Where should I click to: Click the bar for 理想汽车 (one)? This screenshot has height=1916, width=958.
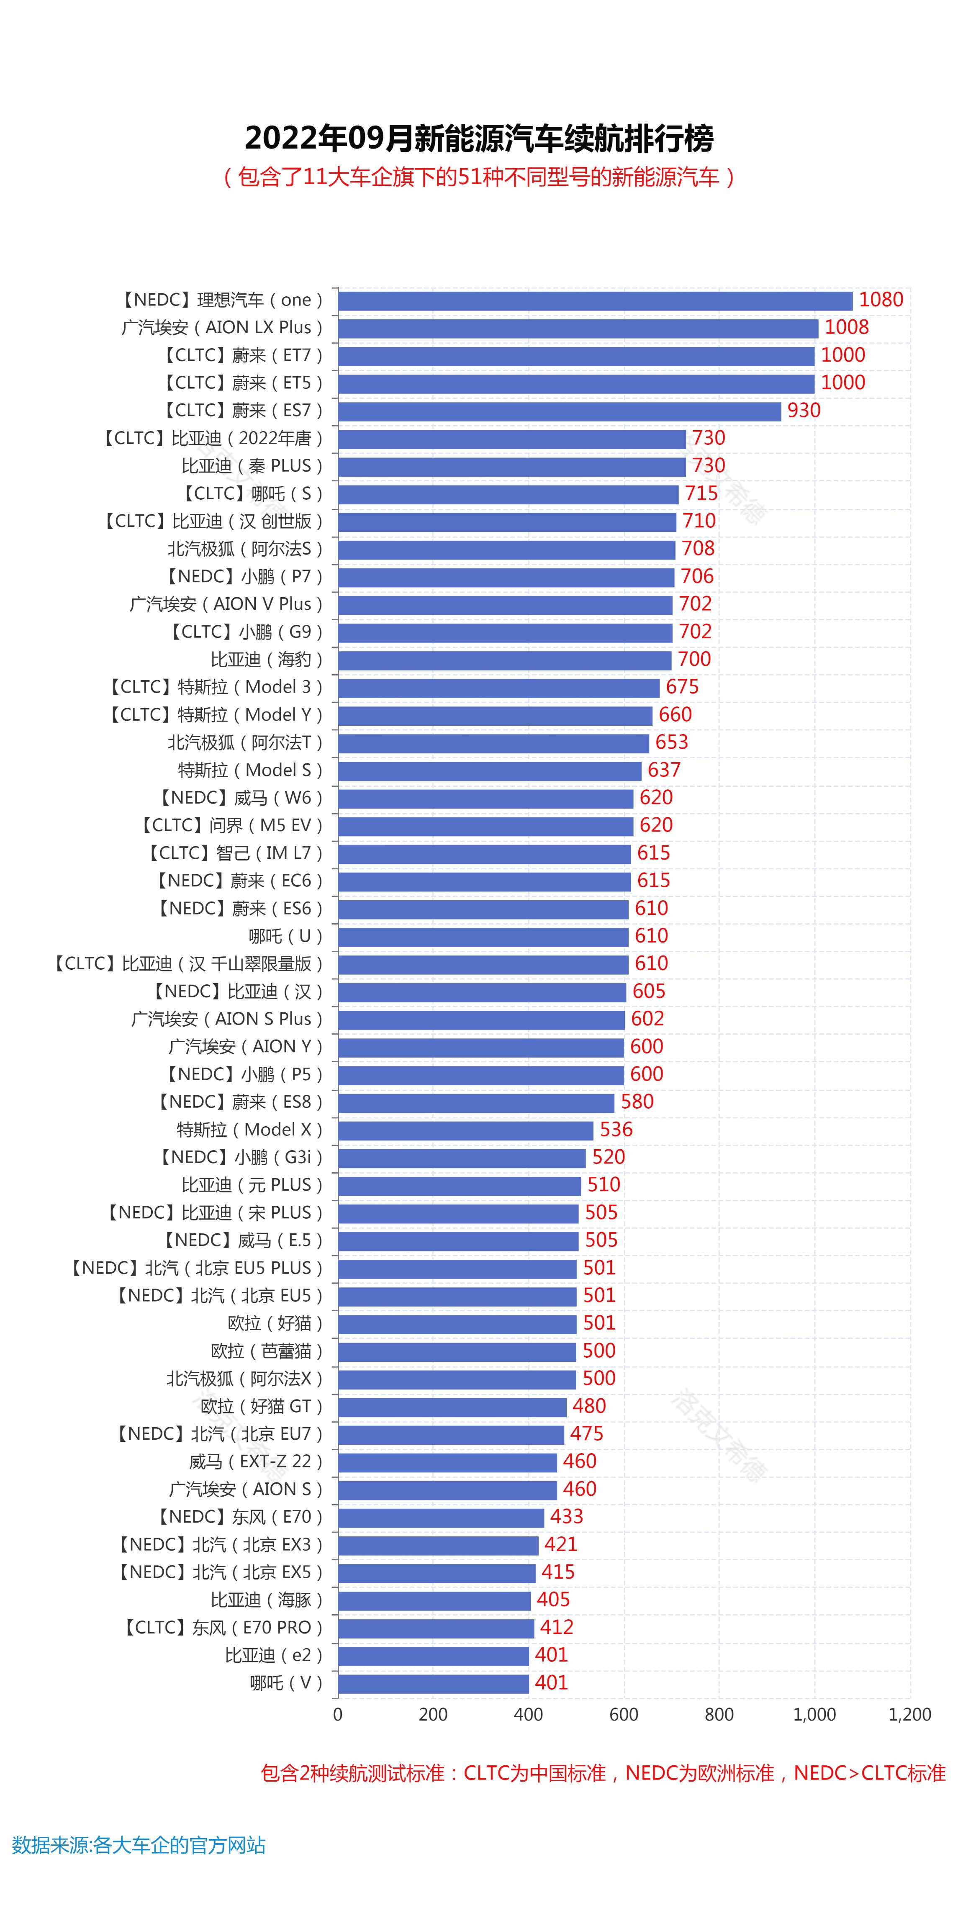(595, 300)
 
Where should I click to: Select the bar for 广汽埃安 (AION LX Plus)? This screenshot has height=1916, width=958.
(578, 328)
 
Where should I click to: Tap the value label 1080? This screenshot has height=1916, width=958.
(881, 300)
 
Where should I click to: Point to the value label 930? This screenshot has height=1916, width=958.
(803, 411)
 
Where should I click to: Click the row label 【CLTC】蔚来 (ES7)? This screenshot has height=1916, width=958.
(243, 411)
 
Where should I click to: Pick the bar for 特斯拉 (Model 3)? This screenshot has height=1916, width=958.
(498, 687)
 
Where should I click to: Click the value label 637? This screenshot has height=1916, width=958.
(663, 770)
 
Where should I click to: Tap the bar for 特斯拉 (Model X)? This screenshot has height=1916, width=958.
(466, 1130)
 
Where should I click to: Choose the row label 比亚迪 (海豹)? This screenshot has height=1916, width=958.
(266, 660)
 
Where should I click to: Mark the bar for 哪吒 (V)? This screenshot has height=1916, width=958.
(433, 1683)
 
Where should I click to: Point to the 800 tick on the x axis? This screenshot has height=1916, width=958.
(719, 1714)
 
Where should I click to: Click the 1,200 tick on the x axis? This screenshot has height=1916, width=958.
(909, 1714)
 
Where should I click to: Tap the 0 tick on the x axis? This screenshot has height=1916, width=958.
(338, 1714)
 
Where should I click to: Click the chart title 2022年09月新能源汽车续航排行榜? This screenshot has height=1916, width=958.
(479, 139)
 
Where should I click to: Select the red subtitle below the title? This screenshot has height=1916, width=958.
(479, 177)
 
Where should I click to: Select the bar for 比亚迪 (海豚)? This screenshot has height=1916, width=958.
(434, 1600)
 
